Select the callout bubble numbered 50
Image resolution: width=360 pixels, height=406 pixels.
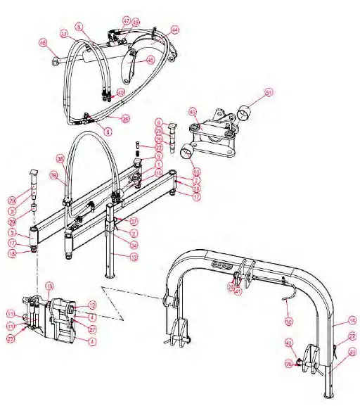point(196,172)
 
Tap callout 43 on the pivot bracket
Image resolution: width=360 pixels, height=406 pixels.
point(193,111)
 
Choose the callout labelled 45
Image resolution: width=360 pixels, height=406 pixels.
point(150,61)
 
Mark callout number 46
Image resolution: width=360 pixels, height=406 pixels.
point(43,42)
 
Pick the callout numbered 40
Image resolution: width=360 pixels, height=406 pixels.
point(120,92)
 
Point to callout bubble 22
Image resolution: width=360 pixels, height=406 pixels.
point(159,148)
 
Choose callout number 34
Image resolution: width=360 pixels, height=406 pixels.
point(133,246)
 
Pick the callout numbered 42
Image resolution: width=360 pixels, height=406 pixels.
point(288,343)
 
